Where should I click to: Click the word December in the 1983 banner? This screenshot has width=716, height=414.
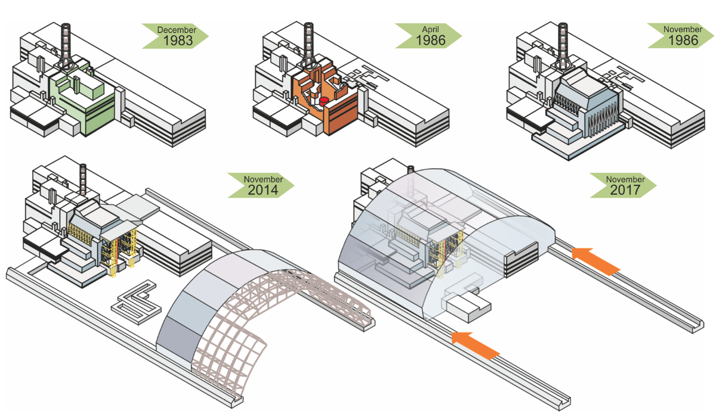[177, 30]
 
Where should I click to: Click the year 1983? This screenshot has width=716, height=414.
[178, 41]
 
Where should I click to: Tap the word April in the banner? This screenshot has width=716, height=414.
[430, 30]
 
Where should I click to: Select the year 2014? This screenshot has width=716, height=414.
[263, 190]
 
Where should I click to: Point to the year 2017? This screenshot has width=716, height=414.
[625, 190]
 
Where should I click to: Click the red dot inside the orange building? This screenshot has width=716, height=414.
[324, 101]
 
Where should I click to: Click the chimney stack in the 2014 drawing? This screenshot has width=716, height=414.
[83, 179]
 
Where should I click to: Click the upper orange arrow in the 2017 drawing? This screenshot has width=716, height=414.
[596, 262]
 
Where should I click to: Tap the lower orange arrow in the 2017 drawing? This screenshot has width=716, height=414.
[476, 345]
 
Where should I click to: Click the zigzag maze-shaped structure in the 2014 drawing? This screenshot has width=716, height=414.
[137, 302]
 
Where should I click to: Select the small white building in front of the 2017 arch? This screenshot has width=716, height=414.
[468, 307]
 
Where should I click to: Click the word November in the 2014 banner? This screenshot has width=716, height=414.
[263, 179]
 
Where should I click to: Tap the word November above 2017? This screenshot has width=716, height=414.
[625, 179]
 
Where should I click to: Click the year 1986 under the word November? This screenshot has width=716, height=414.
[683, 41]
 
